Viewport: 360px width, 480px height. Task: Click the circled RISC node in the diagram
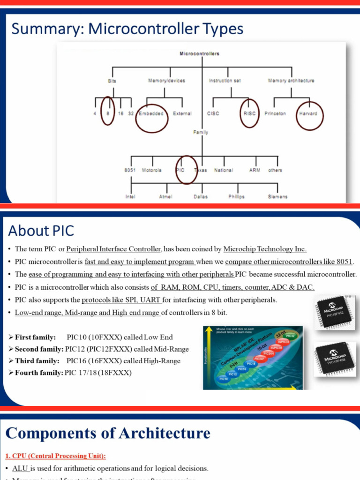[x=249, y=113]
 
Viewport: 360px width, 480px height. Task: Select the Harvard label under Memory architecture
[x=308, y=113]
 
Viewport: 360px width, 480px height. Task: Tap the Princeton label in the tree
[x=275, y=113]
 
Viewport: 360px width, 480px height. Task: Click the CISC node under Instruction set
[x=213, y=113]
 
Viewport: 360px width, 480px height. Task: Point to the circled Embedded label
[x=151, y=113]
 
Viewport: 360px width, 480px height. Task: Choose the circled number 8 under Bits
[x=108, y=113]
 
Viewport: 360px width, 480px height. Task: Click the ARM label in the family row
[x=255, y=170]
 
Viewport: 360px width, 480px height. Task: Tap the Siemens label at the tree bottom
[x=277, y=197]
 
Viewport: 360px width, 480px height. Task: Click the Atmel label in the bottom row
[x=165, y=197]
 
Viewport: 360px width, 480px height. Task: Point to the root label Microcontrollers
[x=200, y=54]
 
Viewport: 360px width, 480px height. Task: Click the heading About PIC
[x=41, y=231]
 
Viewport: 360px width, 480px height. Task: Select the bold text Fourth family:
[x=35, y=373]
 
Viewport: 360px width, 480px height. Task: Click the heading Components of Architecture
[x=108, y=433]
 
